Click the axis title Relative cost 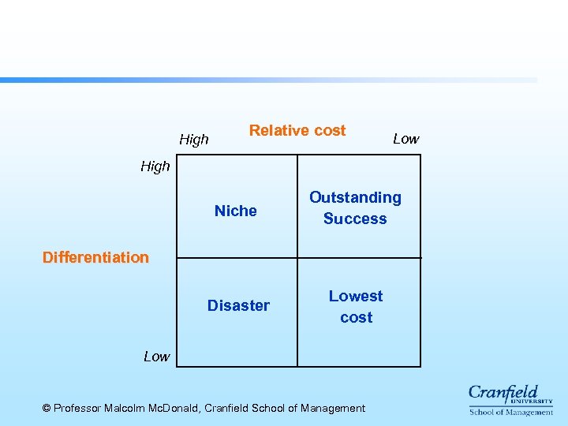[x=297, y=131]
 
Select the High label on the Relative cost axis [x=194, y=140]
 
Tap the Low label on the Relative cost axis [x=405, y=139]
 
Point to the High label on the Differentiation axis [x=155, y=166]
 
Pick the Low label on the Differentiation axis [x=156, y=357]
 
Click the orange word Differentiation [x=95, y=257]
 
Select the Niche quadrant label [x=236, y=211]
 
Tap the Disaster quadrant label [x=238, y=305]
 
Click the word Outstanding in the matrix [x=355, y=197]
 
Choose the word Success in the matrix [x=355, y=219]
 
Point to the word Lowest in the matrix [x=356, y=296]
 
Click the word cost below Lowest [x=357, y=317]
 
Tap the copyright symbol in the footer [x=47, y=408]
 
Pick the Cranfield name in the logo [x=503, y=393]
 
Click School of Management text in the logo [x=511, y=412]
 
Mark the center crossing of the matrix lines [x=297, y=258]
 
